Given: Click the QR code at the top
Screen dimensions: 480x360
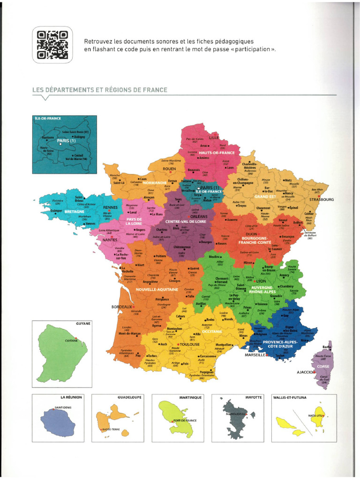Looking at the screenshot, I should click(x=52, y=45).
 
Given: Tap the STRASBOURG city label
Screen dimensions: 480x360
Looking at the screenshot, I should click(x=322, y=199).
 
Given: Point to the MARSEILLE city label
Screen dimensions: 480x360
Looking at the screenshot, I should click(x=255, y=355).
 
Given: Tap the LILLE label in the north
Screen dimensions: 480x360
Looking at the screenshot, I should click(x=214, y=138).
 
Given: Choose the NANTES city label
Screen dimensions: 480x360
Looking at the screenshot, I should click(x=110, y=240).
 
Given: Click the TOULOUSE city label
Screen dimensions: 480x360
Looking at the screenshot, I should click(x=190, y=344).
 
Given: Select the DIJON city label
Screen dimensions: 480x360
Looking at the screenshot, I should click(x=252, y=233).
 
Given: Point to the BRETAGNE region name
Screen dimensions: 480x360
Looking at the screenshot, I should click(x=74, y=211).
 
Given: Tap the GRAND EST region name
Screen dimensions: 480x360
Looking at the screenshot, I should click(x=265, y=197).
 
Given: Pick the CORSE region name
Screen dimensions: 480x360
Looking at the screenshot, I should click(x=323, y=367).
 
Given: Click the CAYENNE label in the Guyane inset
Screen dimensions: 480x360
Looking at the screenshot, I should click(x=71, y=340).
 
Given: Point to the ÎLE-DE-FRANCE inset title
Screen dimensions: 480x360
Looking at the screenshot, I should click(x=48, y=119).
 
